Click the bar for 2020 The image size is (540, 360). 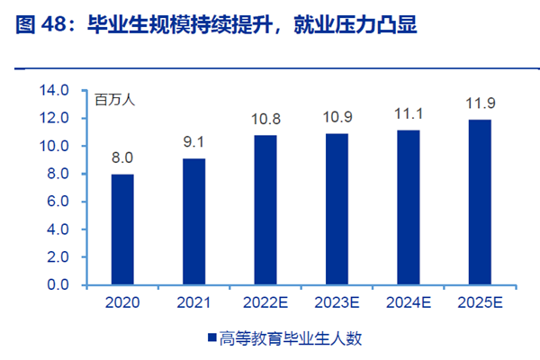(122, 229)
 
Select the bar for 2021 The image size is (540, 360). (193, 221)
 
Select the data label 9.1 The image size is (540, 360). (193, 142)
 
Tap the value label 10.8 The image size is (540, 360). (265, 119)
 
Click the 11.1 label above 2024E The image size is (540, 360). (408, 114)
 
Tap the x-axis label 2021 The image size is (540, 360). (193, 303)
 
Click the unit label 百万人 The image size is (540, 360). (115, 100)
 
